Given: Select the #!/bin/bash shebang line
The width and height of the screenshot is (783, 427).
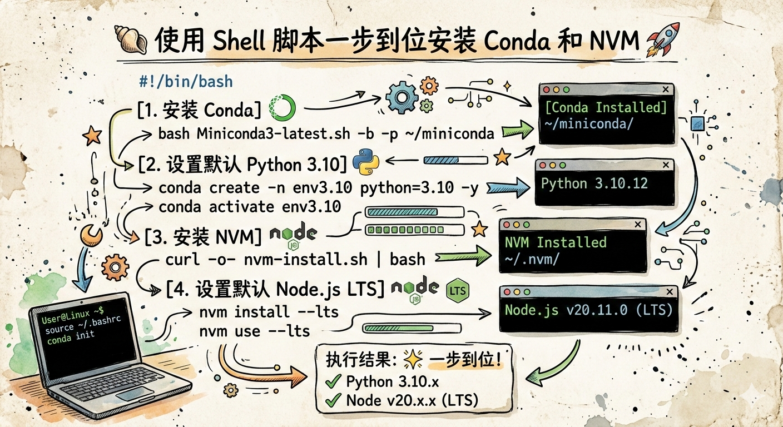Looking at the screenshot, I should tap(185, 82).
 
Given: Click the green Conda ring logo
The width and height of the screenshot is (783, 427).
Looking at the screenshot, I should tap(283, 107).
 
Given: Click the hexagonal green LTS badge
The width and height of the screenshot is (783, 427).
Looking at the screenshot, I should tap(458, 290).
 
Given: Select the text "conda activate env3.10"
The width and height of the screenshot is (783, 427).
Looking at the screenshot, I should tap(249, 207).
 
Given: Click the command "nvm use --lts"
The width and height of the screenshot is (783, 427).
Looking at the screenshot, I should tap(254, 331).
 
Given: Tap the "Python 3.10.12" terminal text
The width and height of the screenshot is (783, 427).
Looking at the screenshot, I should tap(594, 183).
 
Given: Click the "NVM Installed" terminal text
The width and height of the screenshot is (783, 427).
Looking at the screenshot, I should tap(555, 242).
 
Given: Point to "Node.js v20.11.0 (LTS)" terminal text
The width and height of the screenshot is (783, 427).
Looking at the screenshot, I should tap(588, 310).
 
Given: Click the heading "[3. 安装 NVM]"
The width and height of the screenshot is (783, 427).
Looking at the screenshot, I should tap(202, 237).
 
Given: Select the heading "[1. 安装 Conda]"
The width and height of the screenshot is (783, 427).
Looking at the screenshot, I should tap(199, 110).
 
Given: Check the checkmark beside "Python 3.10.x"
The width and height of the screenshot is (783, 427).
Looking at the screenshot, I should tap(333, 382).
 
